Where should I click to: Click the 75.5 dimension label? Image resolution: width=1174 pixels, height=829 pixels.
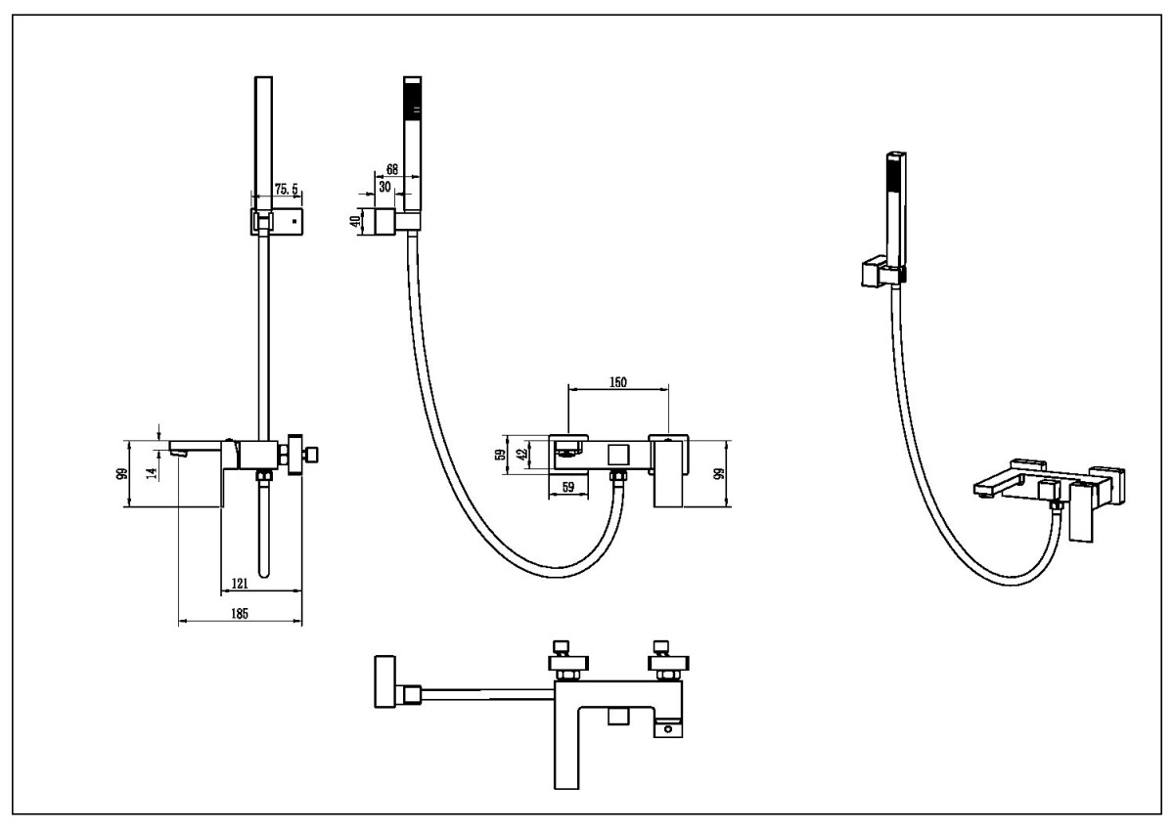coord(287,190)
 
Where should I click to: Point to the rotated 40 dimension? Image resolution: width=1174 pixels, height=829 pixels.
coord(355,221)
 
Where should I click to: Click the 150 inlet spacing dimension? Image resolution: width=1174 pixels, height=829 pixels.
coord(617,381)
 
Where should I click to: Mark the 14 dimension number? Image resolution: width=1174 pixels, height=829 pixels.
coord(151,472)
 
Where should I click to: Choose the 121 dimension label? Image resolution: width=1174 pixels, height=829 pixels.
coord(239,584)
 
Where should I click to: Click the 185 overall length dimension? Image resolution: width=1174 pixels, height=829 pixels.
coord(240,613)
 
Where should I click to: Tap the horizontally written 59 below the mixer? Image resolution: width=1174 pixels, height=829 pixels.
coord(567,486)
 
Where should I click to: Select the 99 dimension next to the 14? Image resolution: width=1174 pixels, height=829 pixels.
coord(122,474)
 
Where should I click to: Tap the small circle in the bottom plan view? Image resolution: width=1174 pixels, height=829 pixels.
coord(670,727)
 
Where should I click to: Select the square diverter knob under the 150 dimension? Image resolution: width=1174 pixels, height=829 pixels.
coord(618,454)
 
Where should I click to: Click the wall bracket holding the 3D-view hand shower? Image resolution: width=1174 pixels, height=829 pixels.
coord(874,272)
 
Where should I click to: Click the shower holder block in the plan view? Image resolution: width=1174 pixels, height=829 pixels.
coord(384,682)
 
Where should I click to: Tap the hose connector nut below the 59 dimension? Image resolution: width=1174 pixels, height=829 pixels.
coord(617,478)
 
